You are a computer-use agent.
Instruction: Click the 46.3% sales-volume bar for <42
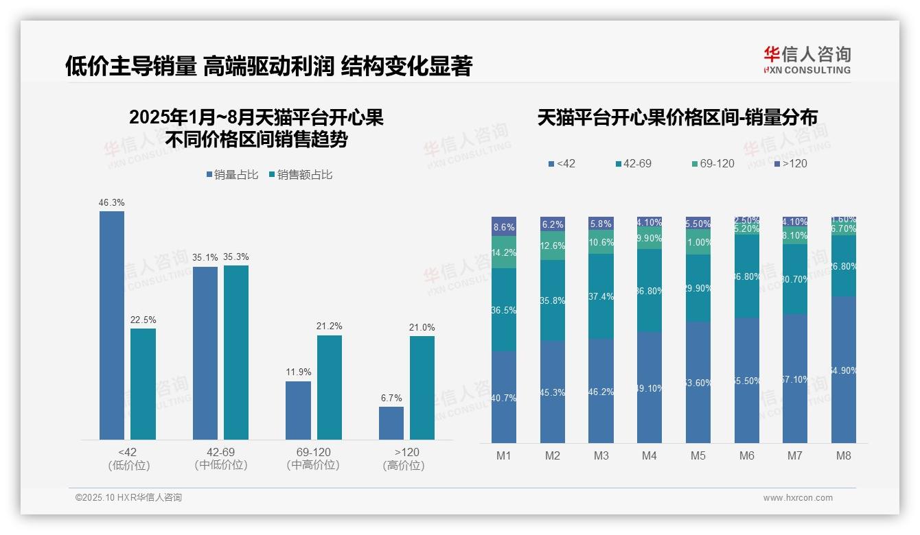point(112,325)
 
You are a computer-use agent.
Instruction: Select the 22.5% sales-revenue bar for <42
point(143,384)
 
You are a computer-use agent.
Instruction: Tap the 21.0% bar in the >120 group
point(422,388)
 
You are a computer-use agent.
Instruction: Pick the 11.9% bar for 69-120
point(298,410)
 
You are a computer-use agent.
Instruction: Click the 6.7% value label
point(391,398)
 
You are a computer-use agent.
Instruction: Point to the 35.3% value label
point(236,257)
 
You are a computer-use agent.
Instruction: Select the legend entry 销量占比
point(231,175)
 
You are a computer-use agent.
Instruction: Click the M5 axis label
point(698,455)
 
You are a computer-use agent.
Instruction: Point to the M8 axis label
point(844,455)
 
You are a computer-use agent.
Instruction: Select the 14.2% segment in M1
point(504,252)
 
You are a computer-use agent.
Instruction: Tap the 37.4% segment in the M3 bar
point(601,296)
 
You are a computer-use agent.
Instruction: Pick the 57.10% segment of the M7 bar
point(795,378)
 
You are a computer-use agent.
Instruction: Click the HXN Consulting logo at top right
point(807,60)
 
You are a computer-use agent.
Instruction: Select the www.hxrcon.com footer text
point(797,498)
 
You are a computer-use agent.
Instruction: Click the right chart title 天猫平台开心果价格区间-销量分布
point(677,118)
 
